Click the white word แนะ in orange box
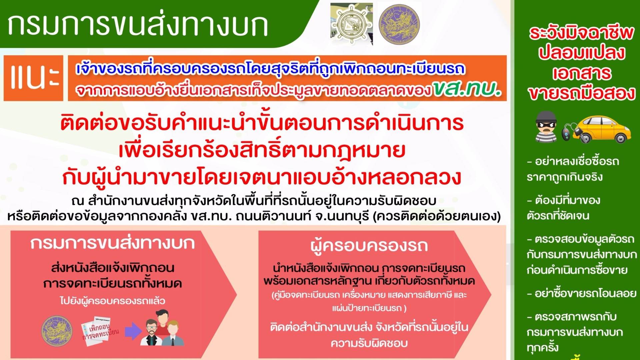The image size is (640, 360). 33,78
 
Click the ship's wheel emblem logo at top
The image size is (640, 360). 352,24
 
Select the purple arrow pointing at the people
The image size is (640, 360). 133,331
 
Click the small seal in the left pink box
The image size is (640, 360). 57,330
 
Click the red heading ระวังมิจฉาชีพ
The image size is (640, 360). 581,33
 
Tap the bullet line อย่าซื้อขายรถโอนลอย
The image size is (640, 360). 581,294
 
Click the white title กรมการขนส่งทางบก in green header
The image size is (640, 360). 137,25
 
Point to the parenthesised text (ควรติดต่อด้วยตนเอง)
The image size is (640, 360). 437,217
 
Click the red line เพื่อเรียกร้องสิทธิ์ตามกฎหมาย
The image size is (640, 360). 262,151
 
